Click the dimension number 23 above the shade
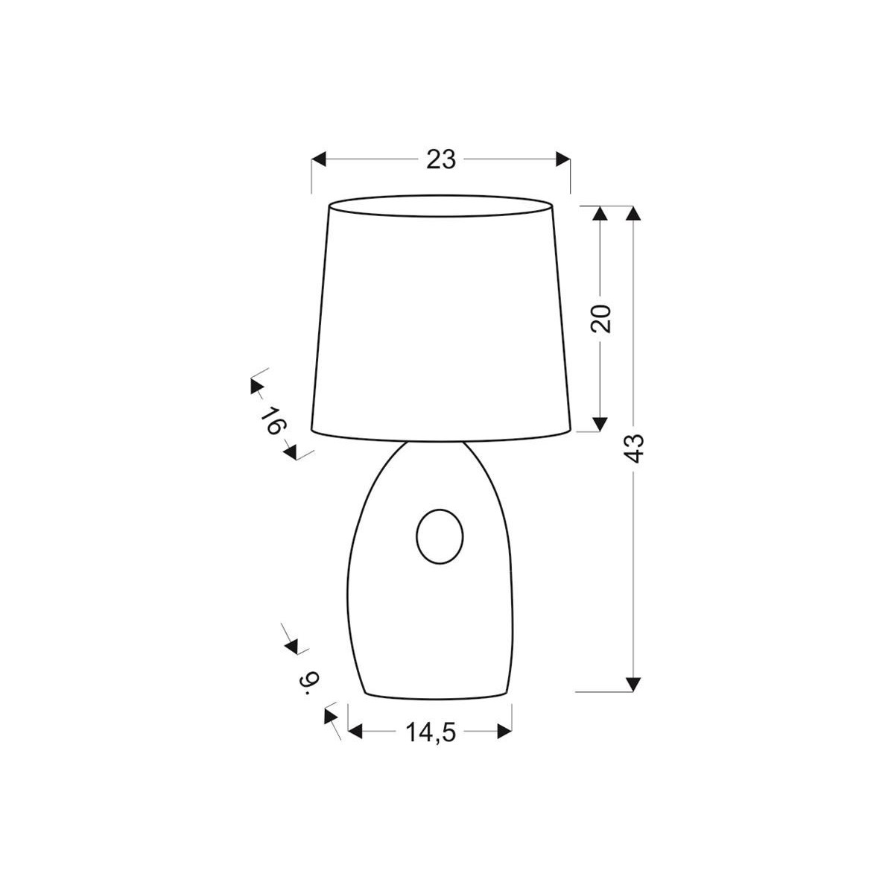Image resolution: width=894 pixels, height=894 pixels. tap(440, 159)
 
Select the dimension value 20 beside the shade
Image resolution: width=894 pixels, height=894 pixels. tap(602, 318)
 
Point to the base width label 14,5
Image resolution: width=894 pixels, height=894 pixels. tap(430, 733)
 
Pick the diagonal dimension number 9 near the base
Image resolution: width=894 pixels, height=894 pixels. tap(309, 681)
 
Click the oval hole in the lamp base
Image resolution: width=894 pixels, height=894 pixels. tap(440, 536)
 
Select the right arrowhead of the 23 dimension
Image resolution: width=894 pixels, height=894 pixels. tap(562, 159)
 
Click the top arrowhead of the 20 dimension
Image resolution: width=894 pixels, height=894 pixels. tap(599, 213)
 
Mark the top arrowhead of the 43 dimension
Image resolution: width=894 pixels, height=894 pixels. tap(633, 213)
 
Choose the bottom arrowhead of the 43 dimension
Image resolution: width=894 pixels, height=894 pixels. tap(633, 684)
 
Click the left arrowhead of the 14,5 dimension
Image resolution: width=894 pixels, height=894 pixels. tap(356, 733)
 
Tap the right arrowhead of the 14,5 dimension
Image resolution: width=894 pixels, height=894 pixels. tap(504, 733)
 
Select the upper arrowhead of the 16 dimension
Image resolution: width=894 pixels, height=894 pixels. tap(256, 386)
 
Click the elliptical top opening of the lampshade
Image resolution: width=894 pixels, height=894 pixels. tap(440, 206)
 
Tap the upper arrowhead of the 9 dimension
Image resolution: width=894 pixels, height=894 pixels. tap(291, 646)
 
